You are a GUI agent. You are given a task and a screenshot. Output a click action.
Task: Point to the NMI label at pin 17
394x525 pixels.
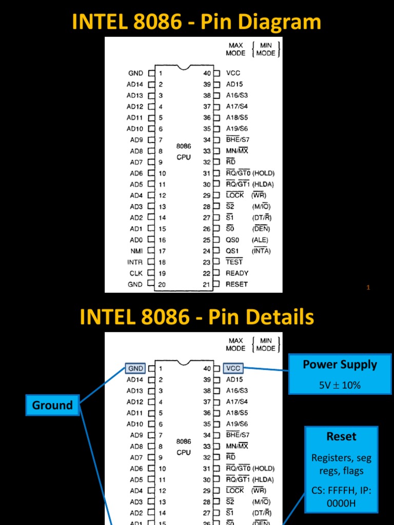(136, 251)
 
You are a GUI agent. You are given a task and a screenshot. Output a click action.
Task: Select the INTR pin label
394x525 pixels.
(135, 262)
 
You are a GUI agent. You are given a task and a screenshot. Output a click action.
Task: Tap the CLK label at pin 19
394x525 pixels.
(136, 273)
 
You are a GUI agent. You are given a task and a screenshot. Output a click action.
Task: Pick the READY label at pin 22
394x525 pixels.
(237, 273)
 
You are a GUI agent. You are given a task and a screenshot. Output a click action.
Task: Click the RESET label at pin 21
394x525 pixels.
(237, 284)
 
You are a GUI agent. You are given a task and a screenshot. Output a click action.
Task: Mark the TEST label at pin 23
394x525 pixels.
(234, 262)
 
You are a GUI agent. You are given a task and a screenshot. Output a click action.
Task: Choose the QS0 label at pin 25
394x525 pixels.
(232, 240)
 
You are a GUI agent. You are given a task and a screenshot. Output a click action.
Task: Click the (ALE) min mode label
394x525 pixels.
(260, 240)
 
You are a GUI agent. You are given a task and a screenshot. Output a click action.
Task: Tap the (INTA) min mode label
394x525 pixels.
(261, 251)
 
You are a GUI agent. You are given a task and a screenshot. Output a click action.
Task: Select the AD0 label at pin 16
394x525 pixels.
(136, 240)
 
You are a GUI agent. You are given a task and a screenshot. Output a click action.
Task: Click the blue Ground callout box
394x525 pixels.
(52, 405)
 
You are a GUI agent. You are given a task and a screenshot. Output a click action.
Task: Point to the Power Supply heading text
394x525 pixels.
(340, 365)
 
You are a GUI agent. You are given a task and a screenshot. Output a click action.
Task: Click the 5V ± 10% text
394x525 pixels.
(340, 385)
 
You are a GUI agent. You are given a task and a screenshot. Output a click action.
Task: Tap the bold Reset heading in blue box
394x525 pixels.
(341, 436)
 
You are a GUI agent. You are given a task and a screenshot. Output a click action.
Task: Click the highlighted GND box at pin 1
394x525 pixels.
(135, 368)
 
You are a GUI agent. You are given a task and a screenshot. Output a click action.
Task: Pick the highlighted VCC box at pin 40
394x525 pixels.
(233, 368)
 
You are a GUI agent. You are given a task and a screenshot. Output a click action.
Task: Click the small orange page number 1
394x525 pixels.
(368, 288)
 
